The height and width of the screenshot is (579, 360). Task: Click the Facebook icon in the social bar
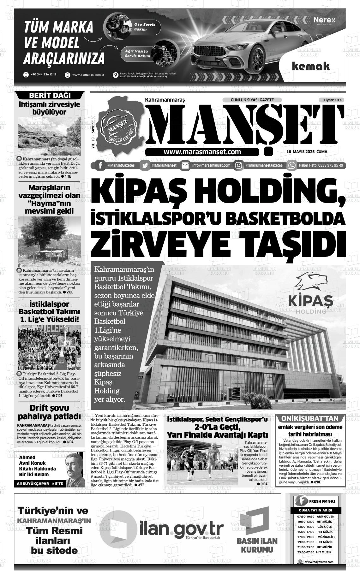click(x=100, y=166)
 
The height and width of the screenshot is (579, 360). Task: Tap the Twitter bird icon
click(x=145, y=166)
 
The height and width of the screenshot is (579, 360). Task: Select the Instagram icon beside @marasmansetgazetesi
click(x=239, y=166)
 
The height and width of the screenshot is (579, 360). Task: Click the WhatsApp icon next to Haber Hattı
click(x=292, y=166)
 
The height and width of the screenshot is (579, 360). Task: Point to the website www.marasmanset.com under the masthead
click(x=202, y=152)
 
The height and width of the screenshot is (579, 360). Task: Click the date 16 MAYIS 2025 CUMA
click(x=307, y=151)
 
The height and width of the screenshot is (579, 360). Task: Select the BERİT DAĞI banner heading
click(x=50, y=96)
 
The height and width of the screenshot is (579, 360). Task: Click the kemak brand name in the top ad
click(x=311, y=67)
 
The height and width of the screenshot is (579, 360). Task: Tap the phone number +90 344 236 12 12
click(x=44, y=75)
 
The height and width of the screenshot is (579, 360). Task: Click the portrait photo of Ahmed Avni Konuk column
click(x=75, y=468)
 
